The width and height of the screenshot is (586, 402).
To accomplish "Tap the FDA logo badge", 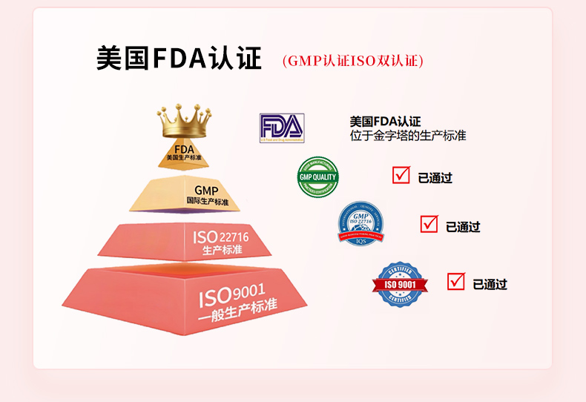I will pos(281,128).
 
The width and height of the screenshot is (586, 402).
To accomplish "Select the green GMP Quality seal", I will pos(317,177).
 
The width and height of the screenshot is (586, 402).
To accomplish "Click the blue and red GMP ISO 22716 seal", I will pos(361,223).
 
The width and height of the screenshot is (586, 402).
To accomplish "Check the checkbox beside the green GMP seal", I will pos(401,176).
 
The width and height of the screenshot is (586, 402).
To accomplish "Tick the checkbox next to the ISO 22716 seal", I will pos(429,224).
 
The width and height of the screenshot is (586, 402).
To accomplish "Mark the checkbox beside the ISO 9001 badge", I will pos(456,282).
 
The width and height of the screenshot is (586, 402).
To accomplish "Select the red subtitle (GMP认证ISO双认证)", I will pos(353,61).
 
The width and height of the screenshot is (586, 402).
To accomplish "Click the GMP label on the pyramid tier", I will pos(206,191).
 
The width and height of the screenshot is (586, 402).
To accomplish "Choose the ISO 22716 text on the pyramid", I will pos(221,237).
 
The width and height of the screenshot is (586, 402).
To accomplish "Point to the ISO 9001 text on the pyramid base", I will pos(231,294).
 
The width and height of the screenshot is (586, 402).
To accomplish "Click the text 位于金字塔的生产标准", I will pos(408,136).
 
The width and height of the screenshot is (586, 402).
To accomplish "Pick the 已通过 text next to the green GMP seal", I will pos(435,178).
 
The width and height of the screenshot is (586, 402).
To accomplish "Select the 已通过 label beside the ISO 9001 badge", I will pos(490,284).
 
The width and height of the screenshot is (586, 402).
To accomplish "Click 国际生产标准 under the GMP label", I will pos(208,202).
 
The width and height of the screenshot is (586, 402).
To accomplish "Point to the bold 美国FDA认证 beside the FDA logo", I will pos(385,122).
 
